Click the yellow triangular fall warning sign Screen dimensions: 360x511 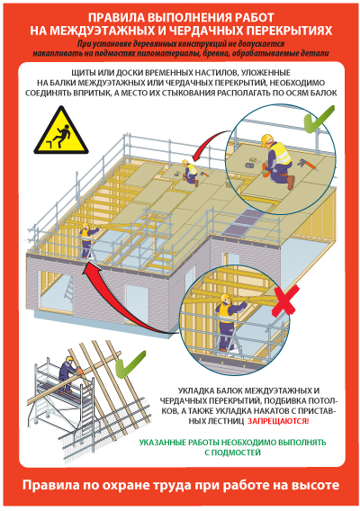click(61, 133)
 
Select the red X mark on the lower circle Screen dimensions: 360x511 click(284, 300)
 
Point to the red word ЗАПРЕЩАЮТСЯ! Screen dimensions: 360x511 click(278, 421)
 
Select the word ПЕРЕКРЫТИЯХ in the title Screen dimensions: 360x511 click(289, 31)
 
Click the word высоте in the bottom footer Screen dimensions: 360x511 click(315, 485)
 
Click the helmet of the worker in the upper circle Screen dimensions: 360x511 click(266, 139)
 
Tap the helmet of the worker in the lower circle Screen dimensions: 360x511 click(225, 298)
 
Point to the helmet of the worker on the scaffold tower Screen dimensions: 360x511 click(69, 358)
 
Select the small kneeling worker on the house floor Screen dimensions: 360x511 click(190, 173)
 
